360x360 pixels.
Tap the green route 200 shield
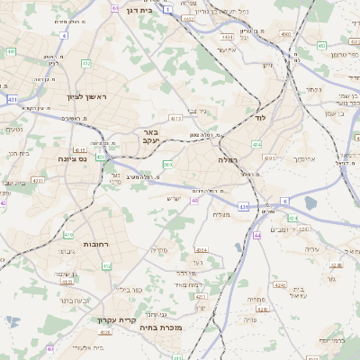(166, 164)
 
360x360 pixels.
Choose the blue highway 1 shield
(166, 8)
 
